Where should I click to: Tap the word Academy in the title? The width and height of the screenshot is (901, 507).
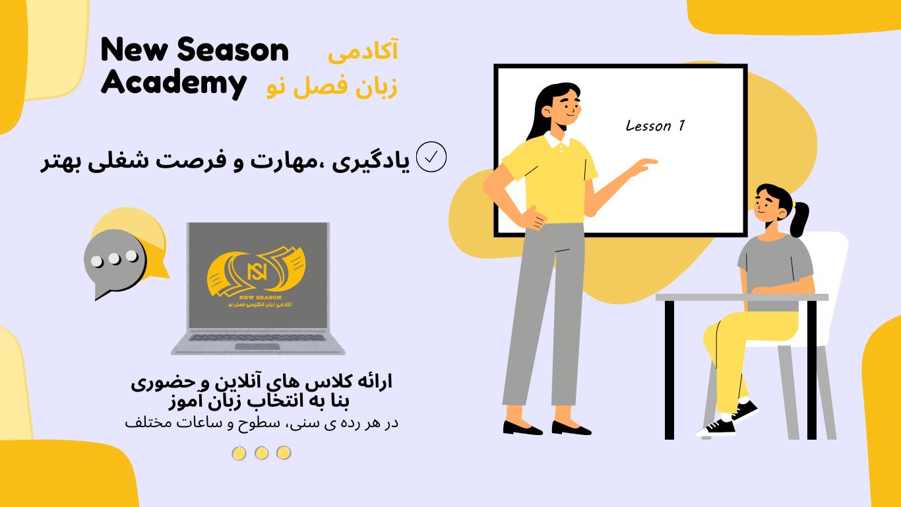click(x=173, y=84)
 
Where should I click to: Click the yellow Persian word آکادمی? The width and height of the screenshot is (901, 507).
click(x=363, y=51)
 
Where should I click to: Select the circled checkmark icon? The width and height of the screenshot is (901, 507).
click(x=432, y=157)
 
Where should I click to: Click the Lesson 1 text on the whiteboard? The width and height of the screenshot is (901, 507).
click(x=655, y=125)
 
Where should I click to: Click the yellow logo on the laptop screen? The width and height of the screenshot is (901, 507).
click(x=256, y=274)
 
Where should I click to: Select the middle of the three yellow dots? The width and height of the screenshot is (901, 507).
click(x=261, y=453)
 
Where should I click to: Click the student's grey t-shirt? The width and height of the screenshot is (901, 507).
click(x=775, y=264)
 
